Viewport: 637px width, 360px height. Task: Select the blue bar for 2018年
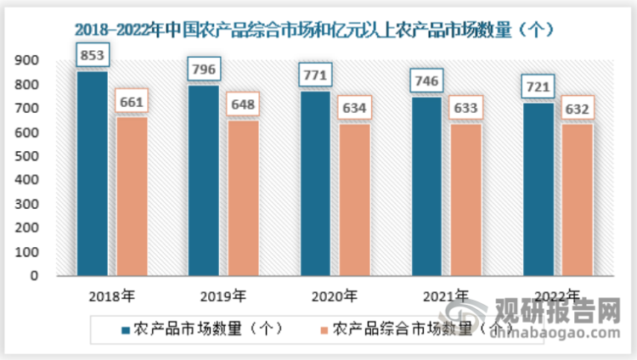click(x=93, y=173)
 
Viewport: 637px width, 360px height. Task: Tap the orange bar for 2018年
click(x=132, y=196)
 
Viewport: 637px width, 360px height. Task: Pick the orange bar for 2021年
click(x=465, y=200)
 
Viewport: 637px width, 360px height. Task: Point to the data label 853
click(x=93, y=56)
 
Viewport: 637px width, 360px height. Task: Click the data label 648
click(x=242, y=106)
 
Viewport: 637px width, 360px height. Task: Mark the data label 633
click(x=465, y=108)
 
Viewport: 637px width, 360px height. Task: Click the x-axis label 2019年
click(x=224, y=296)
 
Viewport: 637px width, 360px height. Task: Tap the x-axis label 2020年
click(x=335, y=296)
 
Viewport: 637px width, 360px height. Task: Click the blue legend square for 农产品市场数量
click(x=126, y=329)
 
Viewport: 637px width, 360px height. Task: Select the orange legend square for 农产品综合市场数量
click(x=323, y=329)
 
